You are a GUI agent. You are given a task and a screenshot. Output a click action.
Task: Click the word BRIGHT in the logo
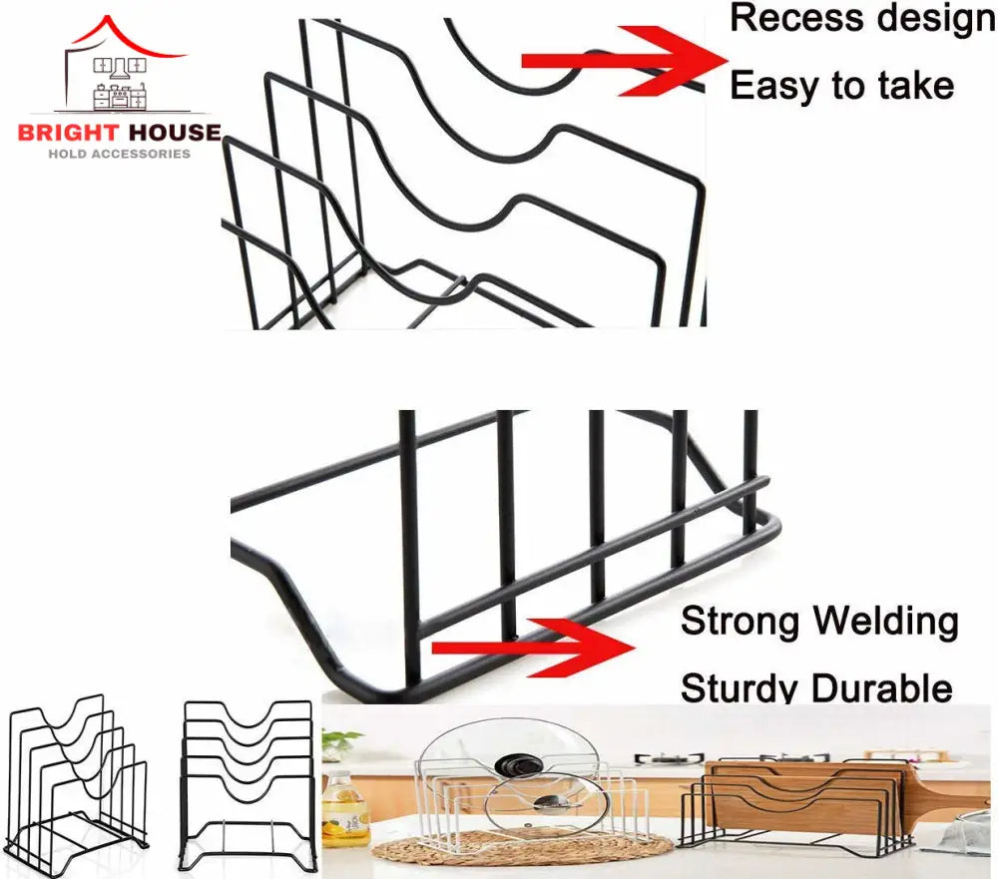pos(68,133)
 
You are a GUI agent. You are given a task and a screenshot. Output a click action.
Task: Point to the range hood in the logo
pos(120,69)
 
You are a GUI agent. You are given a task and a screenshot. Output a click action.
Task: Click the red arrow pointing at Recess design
pos(625,61)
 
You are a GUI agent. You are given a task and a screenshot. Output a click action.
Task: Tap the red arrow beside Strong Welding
pos(533,648)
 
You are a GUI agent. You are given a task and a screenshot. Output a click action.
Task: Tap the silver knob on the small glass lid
pos(546,802)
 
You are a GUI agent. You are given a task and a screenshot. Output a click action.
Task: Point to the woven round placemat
pos(522,846)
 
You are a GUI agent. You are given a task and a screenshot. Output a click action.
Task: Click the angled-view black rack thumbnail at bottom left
pos(78,784)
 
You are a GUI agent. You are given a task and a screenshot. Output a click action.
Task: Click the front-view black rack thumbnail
pos(249,785)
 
